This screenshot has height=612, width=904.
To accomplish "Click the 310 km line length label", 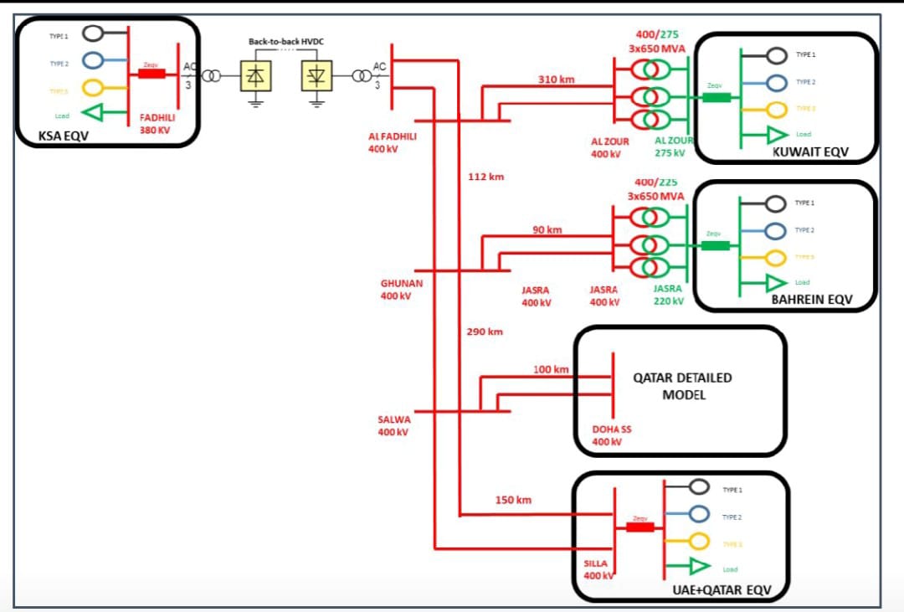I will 557,80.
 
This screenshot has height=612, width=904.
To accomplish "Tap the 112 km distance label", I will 485,177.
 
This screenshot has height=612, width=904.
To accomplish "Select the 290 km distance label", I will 485,332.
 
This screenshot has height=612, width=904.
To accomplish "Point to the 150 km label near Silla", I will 513,500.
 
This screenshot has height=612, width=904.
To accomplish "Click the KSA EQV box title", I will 63,135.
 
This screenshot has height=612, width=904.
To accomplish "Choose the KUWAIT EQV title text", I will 810,152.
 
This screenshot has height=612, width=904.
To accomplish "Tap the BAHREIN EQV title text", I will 811,300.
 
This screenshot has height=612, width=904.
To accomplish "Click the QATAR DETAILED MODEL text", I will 683,386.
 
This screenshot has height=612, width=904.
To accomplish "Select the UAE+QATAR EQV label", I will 721,590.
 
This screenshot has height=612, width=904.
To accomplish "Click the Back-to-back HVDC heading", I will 285,41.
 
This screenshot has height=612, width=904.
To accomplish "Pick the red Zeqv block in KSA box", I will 151,74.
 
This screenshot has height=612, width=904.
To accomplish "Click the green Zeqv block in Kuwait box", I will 715,97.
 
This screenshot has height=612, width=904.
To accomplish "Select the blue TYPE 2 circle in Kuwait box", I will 777,82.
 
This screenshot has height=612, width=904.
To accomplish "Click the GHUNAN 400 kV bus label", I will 401,290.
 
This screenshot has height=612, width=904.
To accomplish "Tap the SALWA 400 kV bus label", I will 394,425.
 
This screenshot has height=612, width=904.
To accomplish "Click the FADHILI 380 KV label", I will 157,124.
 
